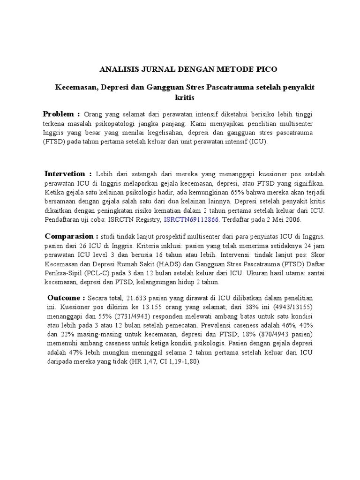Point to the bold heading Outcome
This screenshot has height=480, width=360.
(x=66, y=298)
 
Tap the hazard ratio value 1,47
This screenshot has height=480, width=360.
(x=150, y=361)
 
